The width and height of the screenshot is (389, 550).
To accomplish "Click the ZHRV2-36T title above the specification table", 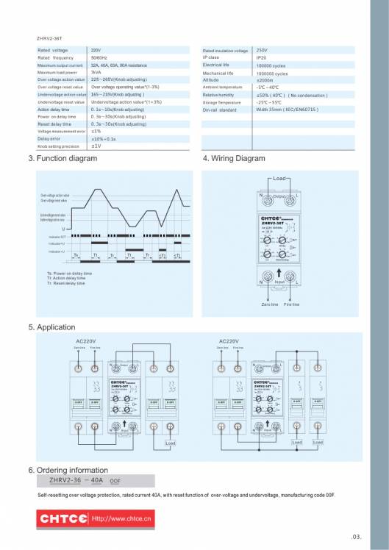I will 48,36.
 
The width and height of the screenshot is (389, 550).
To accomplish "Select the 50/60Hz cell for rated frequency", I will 99,57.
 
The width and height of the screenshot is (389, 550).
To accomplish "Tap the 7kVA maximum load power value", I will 96,73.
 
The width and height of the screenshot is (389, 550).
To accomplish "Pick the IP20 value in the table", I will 261,57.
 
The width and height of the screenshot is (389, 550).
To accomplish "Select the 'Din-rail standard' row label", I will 219,110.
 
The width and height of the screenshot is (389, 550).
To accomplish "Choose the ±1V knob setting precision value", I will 96,146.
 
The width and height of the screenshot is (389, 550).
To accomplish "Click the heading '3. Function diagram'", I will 62,158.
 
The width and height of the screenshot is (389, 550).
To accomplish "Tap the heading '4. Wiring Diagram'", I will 233,158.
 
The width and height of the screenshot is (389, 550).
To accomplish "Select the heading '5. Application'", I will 51,327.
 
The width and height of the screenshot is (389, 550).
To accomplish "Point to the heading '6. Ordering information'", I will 68,469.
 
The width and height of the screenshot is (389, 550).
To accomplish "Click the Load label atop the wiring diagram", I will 279,179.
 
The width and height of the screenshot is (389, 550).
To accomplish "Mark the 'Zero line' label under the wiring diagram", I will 270,304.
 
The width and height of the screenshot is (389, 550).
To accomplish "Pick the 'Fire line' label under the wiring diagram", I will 291,304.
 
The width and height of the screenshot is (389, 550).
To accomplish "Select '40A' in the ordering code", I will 95,480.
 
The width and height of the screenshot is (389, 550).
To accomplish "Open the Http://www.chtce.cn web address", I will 121,519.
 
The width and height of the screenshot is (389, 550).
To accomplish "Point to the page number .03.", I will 357,536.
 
